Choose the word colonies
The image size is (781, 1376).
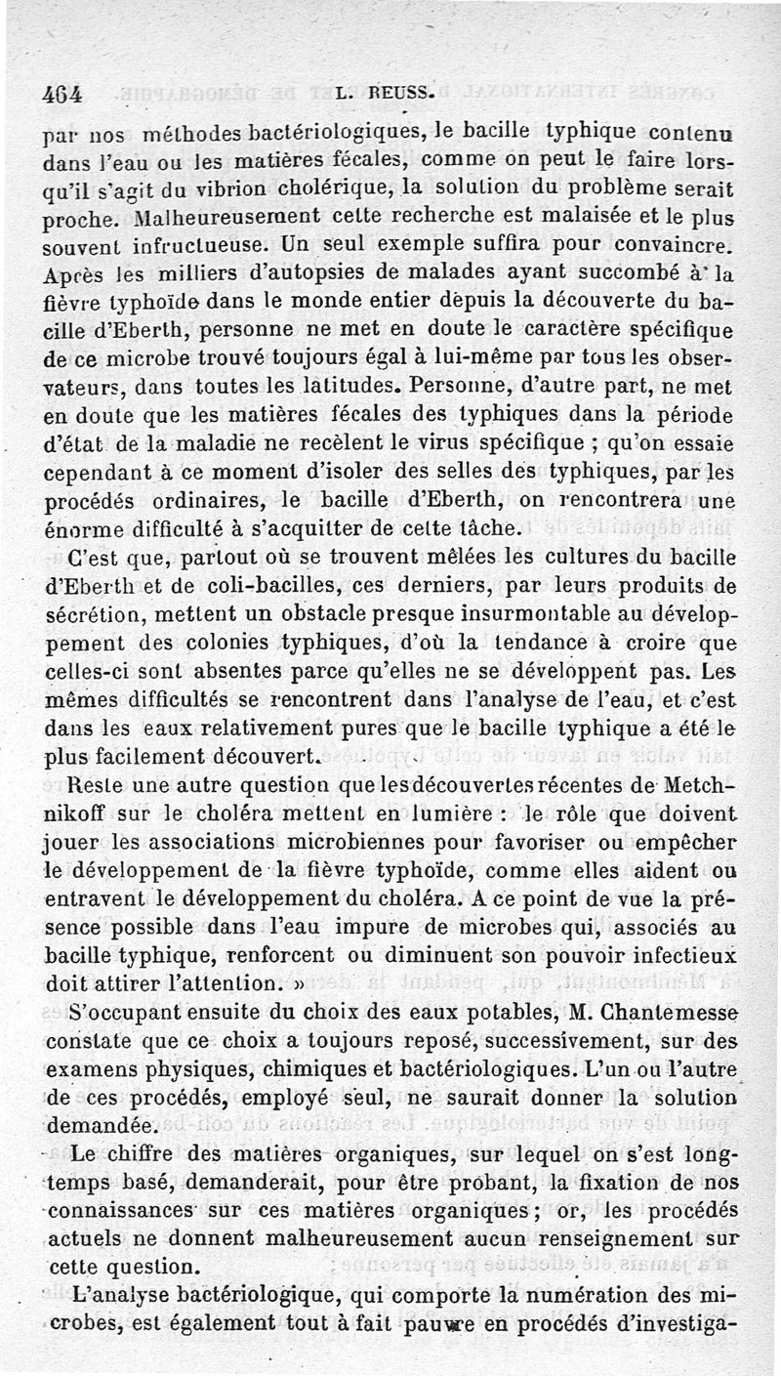226,644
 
